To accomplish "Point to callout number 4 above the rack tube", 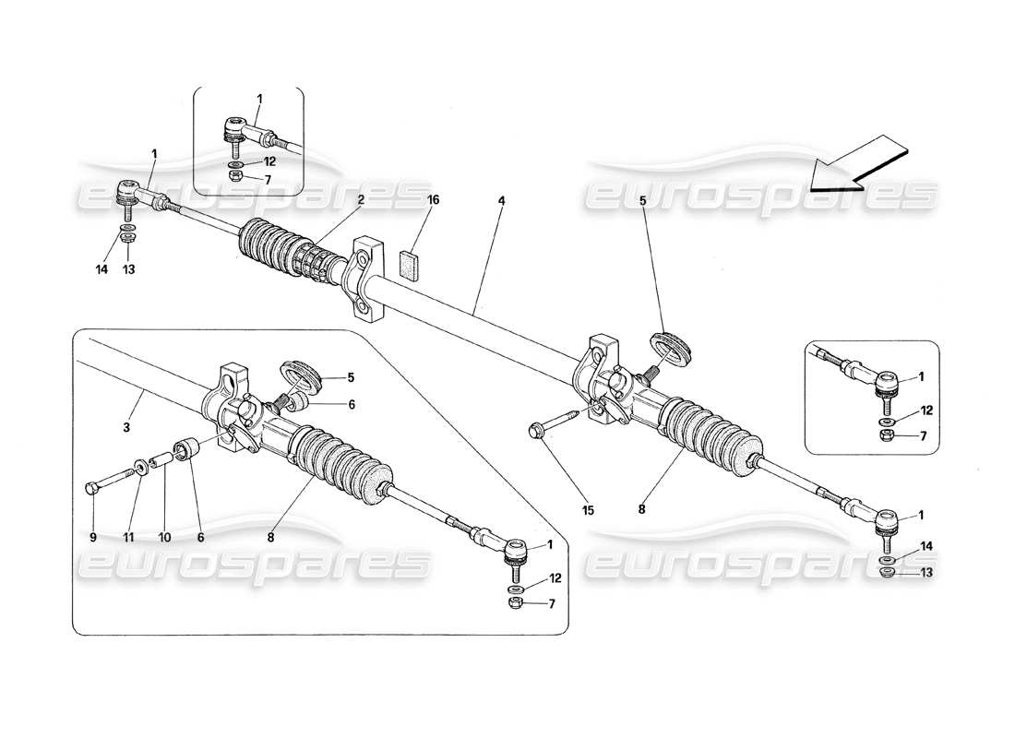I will coord(501,198).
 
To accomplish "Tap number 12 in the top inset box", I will coord(269,161).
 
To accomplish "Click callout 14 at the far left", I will coord(102,269).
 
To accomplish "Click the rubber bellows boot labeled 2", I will coord(277,247).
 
